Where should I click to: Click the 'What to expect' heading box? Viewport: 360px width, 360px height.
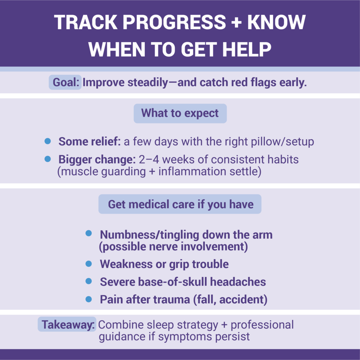tap(180, 113)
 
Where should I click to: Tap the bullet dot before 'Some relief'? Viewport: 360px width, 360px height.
tap(48, 141)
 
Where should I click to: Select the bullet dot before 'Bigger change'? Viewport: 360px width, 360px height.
tap(48, 159)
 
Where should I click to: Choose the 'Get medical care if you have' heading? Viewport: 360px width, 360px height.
tap(180, 204)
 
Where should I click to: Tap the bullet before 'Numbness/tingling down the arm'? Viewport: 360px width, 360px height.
tap(89, 233)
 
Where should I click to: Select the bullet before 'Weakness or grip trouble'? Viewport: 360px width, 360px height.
tap(89, 264)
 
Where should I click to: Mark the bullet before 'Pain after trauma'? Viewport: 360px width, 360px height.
tap(89, 299)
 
